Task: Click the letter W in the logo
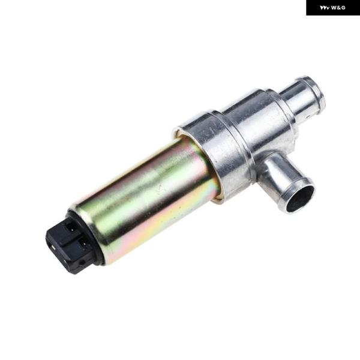coord(334,8)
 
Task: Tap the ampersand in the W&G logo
coord(339,8)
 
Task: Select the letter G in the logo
coord(343,8)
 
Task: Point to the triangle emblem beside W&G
coord(325,8)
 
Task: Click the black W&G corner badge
coord(333,8)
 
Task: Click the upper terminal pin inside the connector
coord(72,229)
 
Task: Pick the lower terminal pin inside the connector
coord(84,247)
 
